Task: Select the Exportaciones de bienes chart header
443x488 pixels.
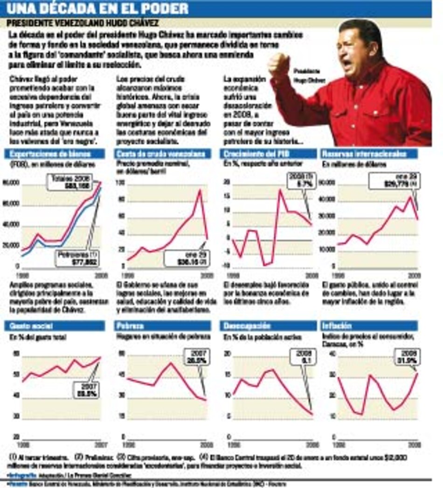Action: pyautogui.click(x=50, y=154)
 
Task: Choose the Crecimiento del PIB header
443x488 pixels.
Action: pyautogui.click(x=254, y=154)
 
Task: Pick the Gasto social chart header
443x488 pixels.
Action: pyautogui.click(x=23, y=326)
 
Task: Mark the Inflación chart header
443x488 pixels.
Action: pyautogui.click(x=337, y=326)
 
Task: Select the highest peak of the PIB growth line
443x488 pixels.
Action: pyautogui.click(x=280, y=189)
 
